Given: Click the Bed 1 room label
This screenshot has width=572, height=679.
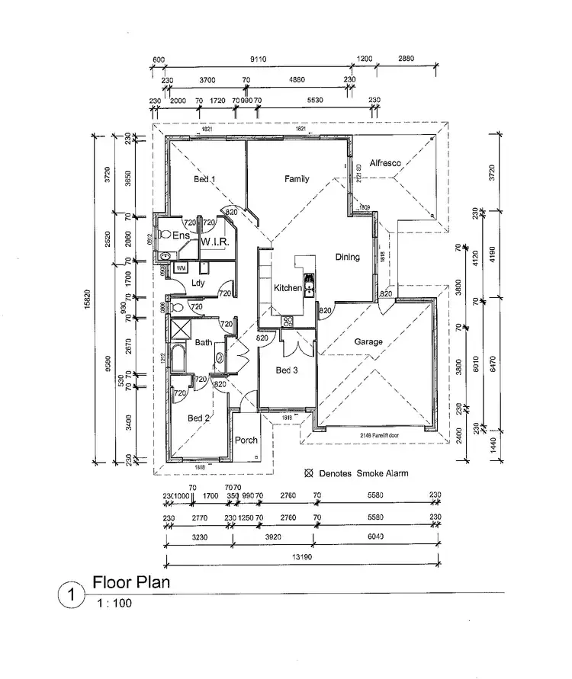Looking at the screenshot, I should point(204,180).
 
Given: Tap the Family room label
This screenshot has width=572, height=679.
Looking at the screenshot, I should point(297,179).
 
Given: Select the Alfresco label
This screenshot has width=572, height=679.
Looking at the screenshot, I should point(385,163).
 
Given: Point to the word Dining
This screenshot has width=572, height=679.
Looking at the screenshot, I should point(347,258).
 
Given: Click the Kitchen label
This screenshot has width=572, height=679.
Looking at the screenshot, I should point(288,288).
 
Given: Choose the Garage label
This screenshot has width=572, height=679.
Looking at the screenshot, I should point(368,342).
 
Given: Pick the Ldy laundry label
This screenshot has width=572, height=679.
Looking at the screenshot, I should point(198,283).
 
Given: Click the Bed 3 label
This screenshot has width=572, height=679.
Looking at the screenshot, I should point(287,370).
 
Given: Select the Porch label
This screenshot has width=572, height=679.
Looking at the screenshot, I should point(246,440).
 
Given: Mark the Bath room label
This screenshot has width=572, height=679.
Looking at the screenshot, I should point(203,343).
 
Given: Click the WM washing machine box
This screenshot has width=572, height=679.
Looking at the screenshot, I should point(181,268).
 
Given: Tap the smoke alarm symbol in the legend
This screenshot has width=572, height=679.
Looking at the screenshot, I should point(309,473).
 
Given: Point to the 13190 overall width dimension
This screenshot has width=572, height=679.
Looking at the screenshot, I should point(304,558).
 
